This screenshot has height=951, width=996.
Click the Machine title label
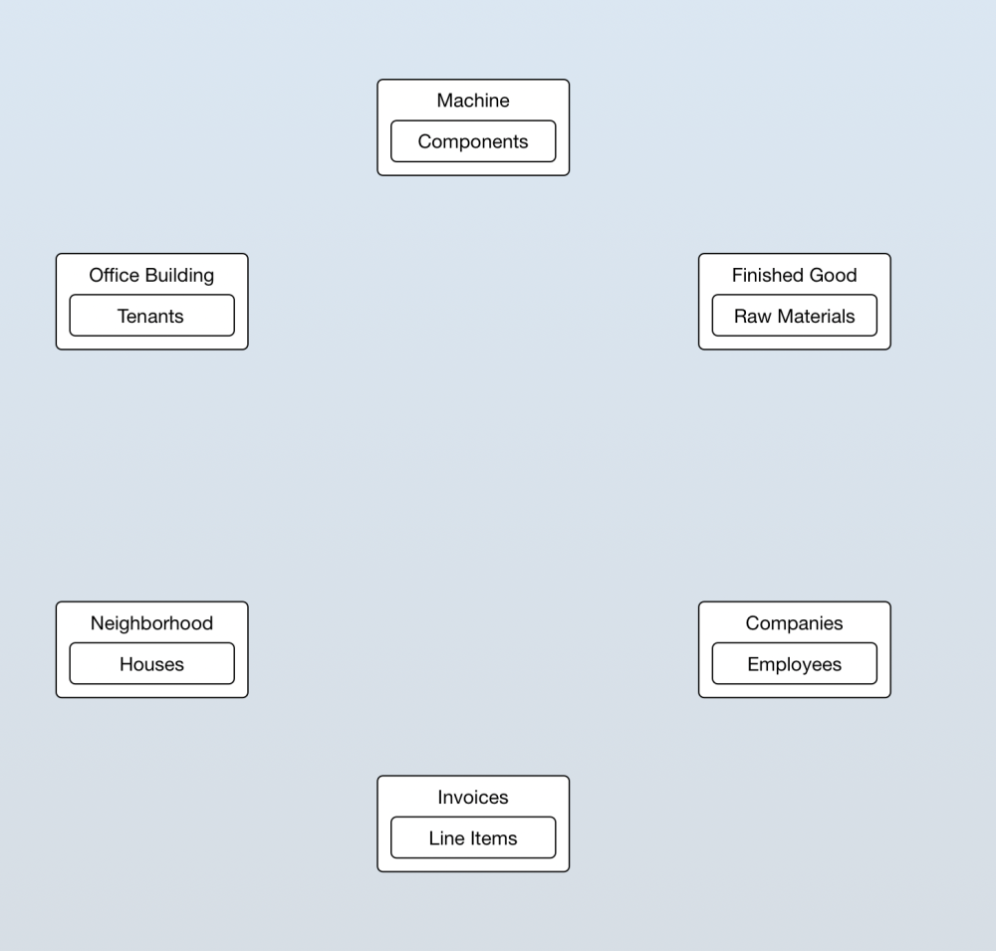(x=473, y=101)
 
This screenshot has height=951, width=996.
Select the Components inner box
(x=473, y=141)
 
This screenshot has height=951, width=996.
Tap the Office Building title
(x=151, y=275)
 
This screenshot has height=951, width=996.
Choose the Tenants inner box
(x=151, y=315)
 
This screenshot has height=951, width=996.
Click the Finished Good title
(x=795, y=275)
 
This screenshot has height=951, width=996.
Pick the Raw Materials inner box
(x=795, y=315)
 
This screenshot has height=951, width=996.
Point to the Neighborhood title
(x=151, y=623)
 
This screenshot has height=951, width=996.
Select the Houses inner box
(x=151, y=663)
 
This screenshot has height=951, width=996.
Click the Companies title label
(x=795, y=623)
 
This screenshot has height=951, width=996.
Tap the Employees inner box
(x=795, y=663)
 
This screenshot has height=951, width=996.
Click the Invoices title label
(x=473, y=798)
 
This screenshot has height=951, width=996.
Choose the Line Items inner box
(x=473, y=837)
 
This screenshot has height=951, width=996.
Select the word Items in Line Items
(x=494, y=837)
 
